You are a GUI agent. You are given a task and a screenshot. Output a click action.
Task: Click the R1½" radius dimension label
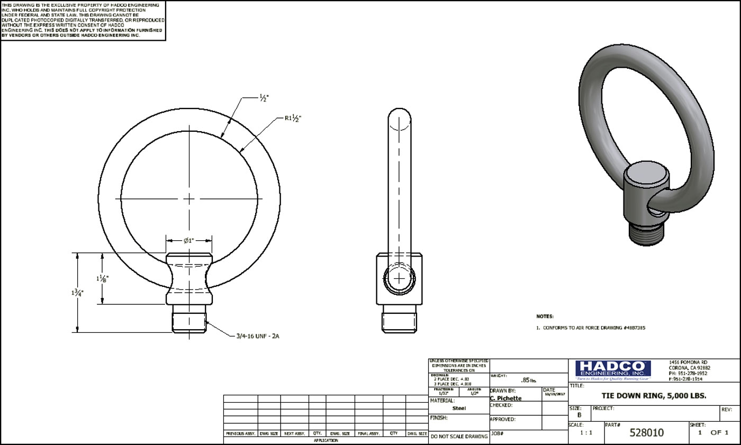(x=293, y=119)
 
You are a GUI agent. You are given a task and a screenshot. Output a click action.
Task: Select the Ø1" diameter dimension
(x=189, y=240)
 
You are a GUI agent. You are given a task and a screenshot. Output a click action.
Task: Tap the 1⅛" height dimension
(x=103, y=278)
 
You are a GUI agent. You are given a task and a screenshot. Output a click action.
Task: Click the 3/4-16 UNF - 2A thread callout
(x=257, y=336)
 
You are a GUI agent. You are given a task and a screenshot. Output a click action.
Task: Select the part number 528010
(x=646, y=433)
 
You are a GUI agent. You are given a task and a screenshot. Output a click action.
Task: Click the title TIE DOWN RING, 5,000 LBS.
(x=654, y=396)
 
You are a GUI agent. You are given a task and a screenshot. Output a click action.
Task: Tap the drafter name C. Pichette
(x=505, y=398)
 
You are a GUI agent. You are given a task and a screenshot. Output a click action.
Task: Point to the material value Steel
(x=459, y=408)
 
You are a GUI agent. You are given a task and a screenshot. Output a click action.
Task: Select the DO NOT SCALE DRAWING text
(x=459, y=437)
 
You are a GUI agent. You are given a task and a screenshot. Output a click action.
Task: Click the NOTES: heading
(x=545, y=316)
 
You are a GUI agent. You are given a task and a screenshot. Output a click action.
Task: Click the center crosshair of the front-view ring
(x=189, y=199)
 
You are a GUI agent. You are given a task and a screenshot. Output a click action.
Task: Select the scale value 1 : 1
(x=586, y=433)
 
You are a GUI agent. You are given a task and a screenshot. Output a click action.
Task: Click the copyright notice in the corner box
(x=83, y=20)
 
